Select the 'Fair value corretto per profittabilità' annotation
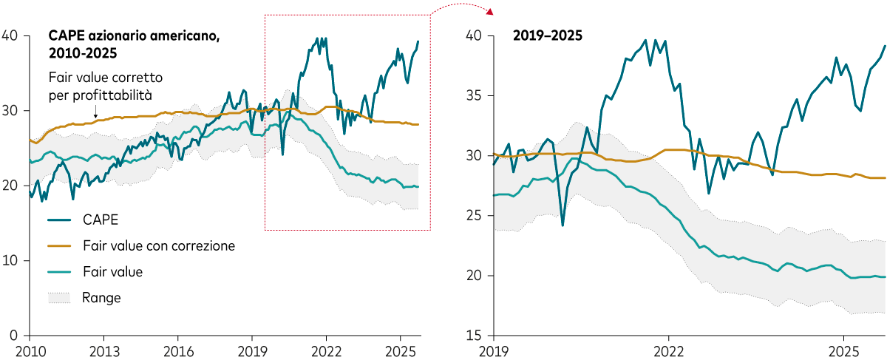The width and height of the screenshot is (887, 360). pos(105,86)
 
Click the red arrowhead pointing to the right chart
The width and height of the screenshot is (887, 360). pos(489,10)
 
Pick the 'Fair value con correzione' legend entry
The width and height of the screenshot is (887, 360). pos(158,245)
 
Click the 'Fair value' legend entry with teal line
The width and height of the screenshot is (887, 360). pos(112,271)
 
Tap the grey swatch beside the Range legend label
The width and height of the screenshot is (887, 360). pos(60,297)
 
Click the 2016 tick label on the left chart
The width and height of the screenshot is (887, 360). pos(178,350)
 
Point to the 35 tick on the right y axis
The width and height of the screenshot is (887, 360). pos(475,96)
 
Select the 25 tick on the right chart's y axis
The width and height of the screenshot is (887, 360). pos(475,216)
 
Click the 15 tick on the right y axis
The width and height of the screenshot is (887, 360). pos(475,336)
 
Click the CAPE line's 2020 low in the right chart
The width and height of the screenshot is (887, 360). pos(563,225)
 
